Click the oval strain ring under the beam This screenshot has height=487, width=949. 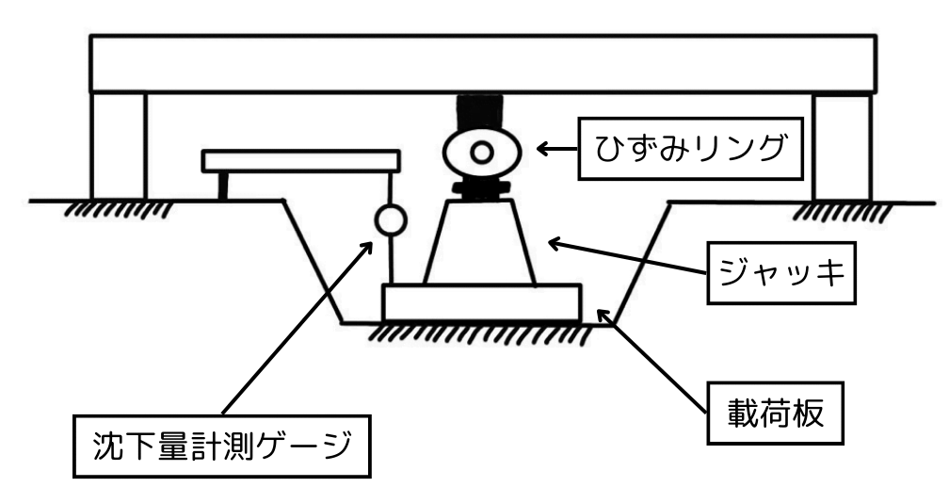coord(481,152)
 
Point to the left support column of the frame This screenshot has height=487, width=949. coord(119,145)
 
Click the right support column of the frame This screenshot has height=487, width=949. coord(841,146)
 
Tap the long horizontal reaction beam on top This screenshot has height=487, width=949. coord(483,64)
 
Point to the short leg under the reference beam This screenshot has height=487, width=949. coord(223,187)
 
